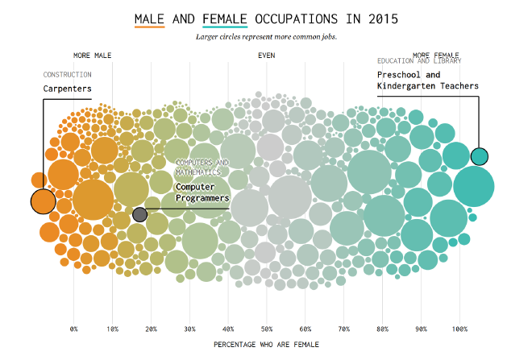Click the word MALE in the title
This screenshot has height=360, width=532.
(x=149, y=18)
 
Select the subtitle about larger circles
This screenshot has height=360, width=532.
(x=266, y=37)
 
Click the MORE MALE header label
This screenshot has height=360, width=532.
(x=92, y=56)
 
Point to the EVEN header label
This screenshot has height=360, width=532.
(x=266, y=56)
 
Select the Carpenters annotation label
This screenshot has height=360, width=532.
(x=68, y=88)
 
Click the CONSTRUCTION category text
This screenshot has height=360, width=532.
(x=68, y=75)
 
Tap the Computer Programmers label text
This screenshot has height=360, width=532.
(x=202, y=192)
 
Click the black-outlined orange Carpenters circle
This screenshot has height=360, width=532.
(x=43, y=201)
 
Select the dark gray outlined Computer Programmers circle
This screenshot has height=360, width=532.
(x=139, y=214)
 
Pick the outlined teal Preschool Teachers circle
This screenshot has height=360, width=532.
(x=480, y=156)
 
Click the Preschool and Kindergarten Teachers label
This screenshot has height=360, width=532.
(x=427, y=81)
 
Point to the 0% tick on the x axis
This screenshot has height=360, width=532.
(x=74, y=329)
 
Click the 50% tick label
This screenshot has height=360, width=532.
(x=267, y=329)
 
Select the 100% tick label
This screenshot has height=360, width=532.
(x=459, y=329)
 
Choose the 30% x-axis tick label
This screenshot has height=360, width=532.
(x=189, y=329)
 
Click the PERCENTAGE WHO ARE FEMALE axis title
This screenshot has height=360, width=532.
(x=267, y=344)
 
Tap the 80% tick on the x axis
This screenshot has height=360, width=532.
(x=382, y=329)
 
